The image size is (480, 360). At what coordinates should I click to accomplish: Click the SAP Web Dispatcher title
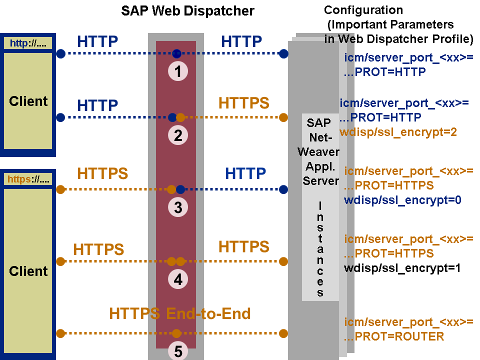187,11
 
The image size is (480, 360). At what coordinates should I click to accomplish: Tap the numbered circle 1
178,71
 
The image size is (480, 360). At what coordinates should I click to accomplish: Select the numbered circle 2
178,135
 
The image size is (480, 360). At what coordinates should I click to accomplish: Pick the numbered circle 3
178,207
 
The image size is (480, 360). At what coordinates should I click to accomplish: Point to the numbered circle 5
178,351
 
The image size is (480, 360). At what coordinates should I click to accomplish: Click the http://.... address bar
28,43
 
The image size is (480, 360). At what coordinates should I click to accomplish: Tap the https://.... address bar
28,179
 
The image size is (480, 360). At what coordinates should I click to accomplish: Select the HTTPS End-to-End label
179,314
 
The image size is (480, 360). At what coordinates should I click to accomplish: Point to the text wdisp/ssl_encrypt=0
402,200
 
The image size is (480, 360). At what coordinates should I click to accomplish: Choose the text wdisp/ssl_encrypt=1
402,268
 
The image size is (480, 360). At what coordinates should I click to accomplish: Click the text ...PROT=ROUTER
394,336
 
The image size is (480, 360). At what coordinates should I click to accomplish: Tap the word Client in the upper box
28,101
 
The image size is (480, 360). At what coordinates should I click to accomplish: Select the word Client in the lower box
28,271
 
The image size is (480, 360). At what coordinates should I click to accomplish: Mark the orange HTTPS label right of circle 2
243,103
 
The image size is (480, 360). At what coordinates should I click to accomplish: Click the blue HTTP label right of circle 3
245,173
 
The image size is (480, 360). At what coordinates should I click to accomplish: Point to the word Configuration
363,10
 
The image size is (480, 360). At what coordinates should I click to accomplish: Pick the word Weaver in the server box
318,151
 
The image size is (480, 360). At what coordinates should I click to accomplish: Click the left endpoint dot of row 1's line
60,53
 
